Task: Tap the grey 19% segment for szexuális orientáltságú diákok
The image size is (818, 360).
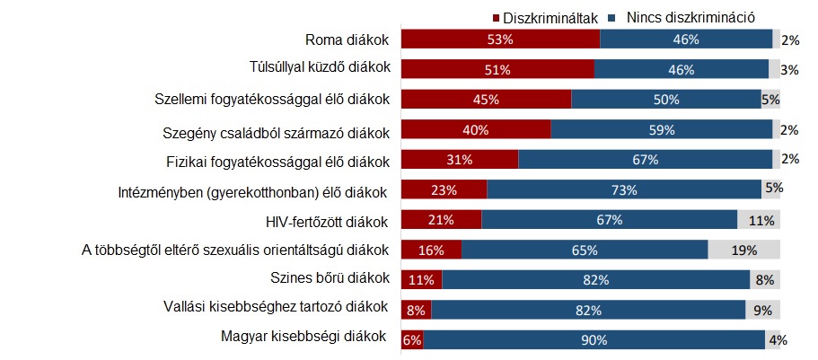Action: click(743, 250)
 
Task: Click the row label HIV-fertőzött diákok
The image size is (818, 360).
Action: click(327, 220)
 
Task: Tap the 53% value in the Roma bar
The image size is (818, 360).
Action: click(499, 40)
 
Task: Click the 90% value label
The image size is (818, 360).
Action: click(594, 340)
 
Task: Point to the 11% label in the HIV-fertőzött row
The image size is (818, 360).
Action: click(763, 220)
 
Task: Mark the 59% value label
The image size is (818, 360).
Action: click(661, 129)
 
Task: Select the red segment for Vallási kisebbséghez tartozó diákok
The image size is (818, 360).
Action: click(416, 310)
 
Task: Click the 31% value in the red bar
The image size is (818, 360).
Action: click(458, 160)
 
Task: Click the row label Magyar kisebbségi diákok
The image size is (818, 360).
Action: click(303, 338)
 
